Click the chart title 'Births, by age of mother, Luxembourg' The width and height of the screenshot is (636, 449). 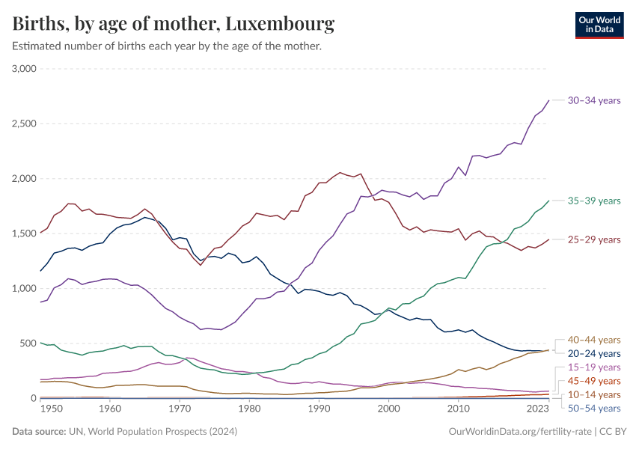point(173,24)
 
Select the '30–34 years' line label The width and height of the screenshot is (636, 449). point(594,100)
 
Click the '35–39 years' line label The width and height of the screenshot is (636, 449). point(594,201)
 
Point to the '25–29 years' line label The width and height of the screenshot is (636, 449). point(594,239)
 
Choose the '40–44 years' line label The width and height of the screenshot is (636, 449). point(594,340)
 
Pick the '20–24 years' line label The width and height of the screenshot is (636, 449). point(594,353)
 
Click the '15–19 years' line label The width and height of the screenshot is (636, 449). point(594,367)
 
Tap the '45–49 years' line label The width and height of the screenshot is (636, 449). point(594,381)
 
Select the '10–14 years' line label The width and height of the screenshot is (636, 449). point(594,394)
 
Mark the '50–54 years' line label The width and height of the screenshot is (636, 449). point(594,408)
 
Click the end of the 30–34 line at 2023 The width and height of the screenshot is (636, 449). point(548,100)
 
